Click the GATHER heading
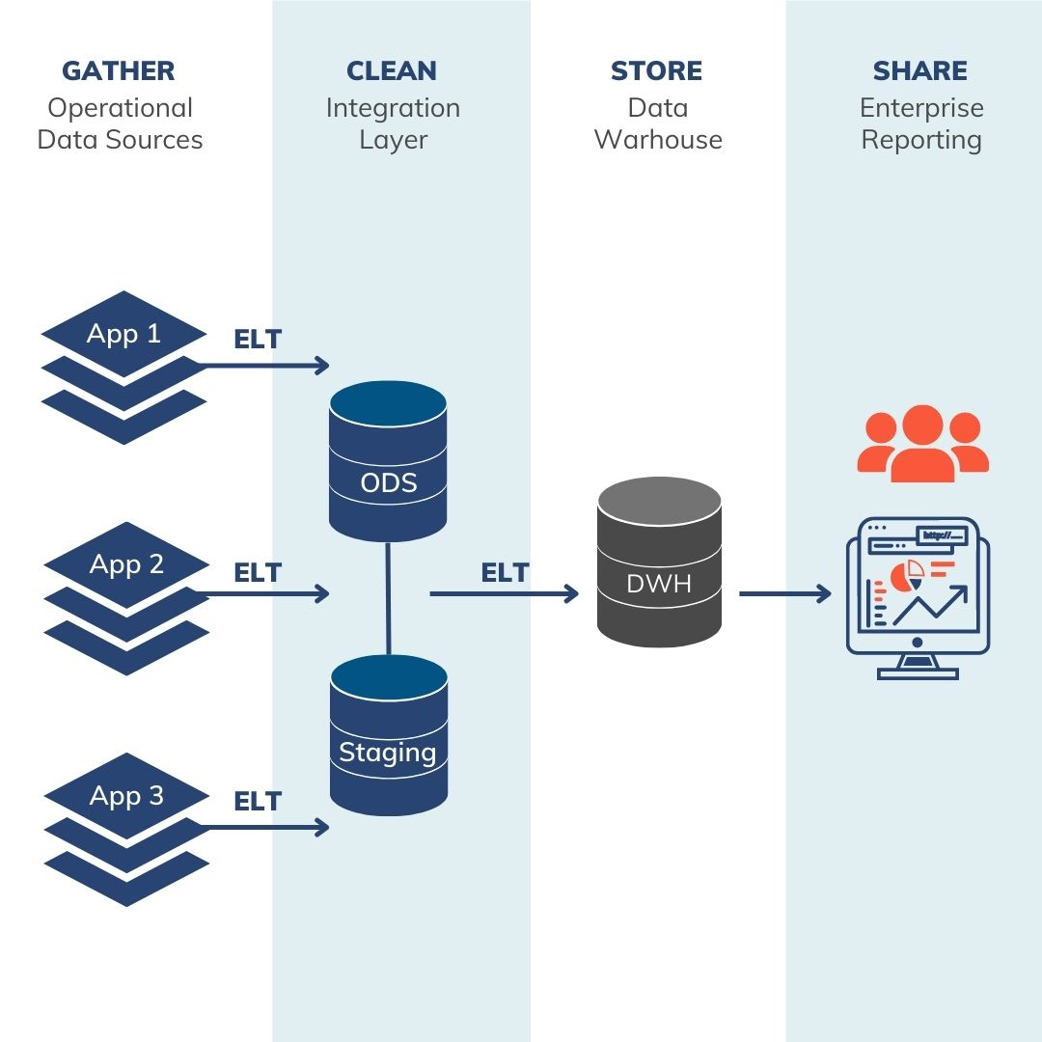click(x=119, y=71)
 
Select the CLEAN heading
click(x=392, y=71)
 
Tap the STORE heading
click(x=656, y=71)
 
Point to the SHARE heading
click(x=919, y=71)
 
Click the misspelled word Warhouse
click(x=658, y=140)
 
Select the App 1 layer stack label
click(x=123, y=334)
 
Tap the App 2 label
click(x=126, y=564)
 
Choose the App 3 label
click(x=126, y=796)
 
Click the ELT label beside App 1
click(x=258, y=340)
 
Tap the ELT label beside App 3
click(x=258, y=802)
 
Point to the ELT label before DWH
click(x=505, y=573)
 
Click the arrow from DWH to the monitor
click(x=784, y=593)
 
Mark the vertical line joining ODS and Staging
click(x=388, y=598)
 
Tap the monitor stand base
click(x=918, y=672)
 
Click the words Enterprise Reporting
click(x=921, y=123)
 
